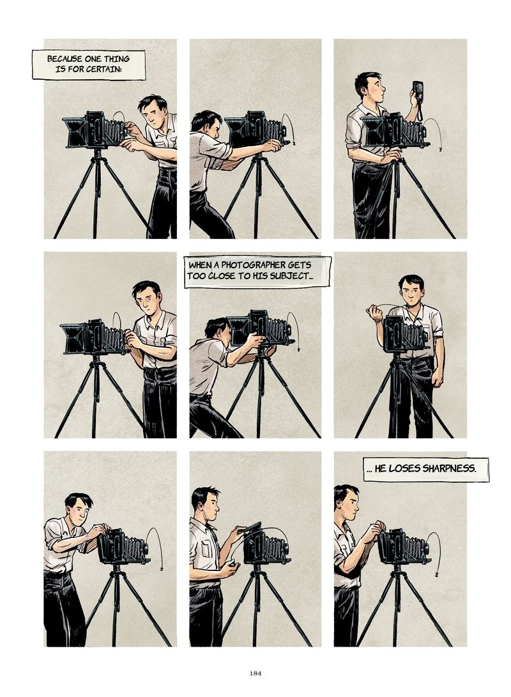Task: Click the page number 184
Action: [255, 673]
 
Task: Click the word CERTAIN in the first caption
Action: [105, 70]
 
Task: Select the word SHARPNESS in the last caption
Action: [449, 468]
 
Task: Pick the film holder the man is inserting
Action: [249, 528]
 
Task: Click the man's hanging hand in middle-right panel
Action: [438, 379]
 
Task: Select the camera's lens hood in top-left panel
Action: [75, 132]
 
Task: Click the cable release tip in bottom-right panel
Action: [437, 575]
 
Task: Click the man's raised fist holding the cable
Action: [376, 314]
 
